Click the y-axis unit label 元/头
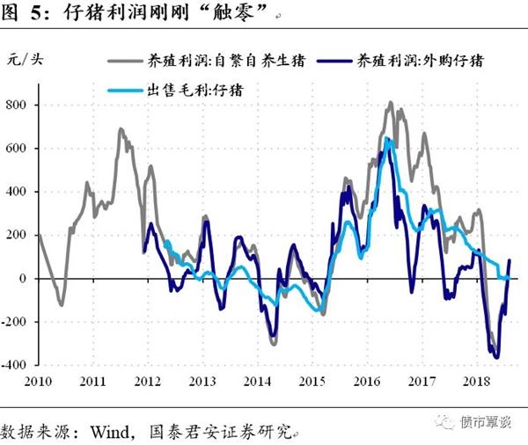pyautogui.click(x=24, y=60)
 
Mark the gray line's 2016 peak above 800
pyautogui.click(x=391, y=103)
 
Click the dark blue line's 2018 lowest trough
pyautogui.click(x=497, y=357)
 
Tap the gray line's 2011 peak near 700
pyautogui.click(x=121, y=130)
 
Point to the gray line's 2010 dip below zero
pyautogui.click(x=61, y=305)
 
